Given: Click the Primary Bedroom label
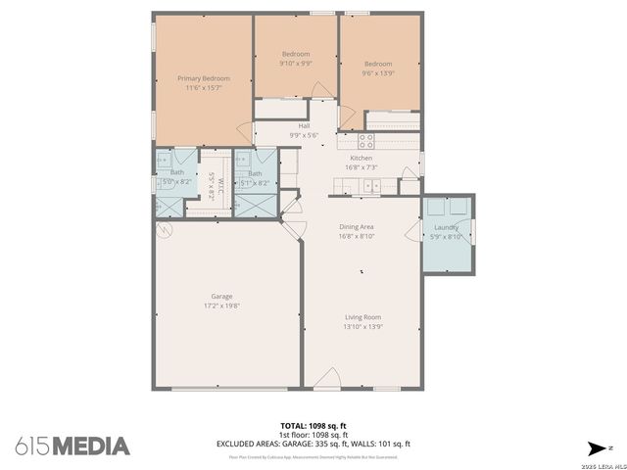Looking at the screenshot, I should [x=204, y=78].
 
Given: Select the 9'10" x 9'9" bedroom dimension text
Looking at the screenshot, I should [x=296, y=64].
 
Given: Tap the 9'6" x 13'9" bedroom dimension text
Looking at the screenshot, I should [x=377, y=72].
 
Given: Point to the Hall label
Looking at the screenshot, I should [x=305, y=126].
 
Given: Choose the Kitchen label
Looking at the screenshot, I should [x=362, y=158].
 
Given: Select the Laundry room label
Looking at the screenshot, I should [x=446, y=226].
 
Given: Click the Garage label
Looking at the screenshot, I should [x=221, y=296].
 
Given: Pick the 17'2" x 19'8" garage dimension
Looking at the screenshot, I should [x=221, y=305].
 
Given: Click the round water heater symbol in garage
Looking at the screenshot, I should [x=165, y=231].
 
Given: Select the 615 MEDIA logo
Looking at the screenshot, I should [x=72, y=446].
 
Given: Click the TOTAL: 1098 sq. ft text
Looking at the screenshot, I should [x=313, y=425].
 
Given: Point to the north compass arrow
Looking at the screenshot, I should [x=595, y=446].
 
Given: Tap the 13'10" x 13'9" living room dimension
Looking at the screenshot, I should [x=362, y=326].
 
